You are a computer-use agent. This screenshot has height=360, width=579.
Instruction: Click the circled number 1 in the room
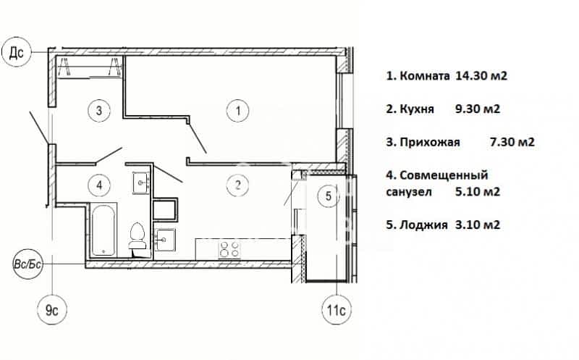pos(238,111)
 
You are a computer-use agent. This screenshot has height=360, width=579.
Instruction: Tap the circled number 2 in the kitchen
pos(238,185)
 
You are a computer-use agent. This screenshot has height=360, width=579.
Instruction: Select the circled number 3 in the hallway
pos(99,110)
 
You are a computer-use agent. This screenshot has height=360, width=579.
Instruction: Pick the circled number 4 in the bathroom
pos(99,185)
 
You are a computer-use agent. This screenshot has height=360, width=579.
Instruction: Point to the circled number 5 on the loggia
pos(329,196)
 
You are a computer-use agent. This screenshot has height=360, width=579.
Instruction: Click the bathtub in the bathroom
pos(103,230)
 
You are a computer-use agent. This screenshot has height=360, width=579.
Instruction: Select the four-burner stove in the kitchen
pos(229,249)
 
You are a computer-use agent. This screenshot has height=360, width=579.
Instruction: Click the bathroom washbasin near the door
pos(140,183)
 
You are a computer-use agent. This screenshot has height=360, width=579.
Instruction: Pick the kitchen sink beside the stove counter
pos(165,239)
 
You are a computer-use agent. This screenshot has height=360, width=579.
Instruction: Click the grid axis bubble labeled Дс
pos(16,52)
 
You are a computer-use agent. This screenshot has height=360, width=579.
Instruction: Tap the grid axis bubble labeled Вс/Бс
pos(28,264)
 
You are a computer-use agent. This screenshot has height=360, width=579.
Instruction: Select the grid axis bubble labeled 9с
pos(52,310)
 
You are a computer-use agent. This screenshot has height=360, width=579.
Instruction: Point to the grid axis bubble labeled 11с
pos(337,310)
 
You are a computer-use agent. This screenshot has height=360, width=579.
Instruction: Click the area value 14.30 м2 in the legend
pos(481,76)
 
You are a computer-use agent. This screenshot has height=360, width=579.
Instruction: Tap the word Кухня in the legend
pos(417,109)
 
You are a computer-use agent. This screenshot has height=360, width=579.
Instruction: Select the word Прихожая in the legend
pos(430,142)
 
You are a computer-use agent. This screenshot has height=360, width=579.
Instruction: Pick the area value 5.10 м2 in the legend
pos(478,192)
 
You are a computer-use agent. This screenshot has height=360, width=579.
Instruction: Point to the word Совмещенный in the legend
pos(444,175)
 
